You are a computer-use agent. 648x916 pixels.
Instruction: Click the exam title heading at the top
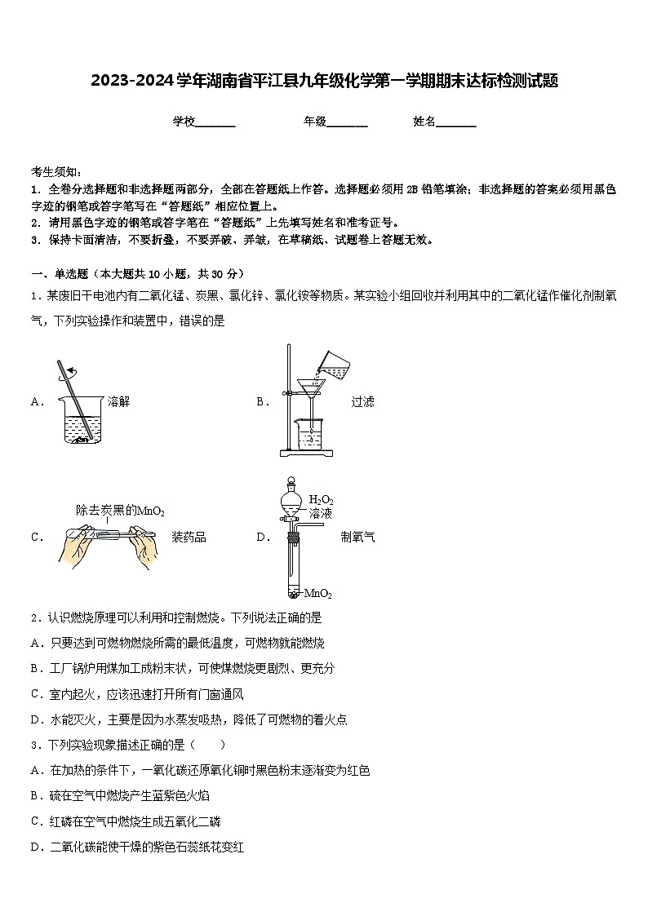pos(324,81)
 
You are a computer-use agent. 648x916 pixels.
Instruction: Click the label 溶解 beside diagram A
pos(118,401)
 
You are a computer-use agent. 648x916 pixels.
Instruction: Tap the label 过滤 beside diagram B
pos(362,401)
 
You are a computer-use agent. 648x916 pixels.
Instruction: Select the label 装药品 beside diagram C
pos(189,537)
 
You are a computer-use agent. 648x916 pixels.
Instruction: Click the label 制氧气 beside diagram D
pos(358,537)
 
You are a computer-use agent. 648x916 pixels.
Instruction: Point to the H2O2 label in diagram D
pos(321,500)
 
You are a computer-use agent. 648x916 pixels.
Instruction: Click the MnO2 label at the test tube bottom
pos(317,593)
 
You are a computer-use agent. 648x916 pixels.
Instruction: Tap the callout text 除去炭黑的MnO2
pos(120,511)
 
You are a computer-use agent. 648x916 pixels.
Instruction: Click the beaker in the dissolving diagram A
pos(81,420)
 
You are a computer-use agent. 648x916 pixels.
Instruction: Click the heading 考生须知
pos(56,172)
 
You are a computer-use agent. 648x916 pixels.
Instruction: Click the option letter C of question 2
pos(36,694)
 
